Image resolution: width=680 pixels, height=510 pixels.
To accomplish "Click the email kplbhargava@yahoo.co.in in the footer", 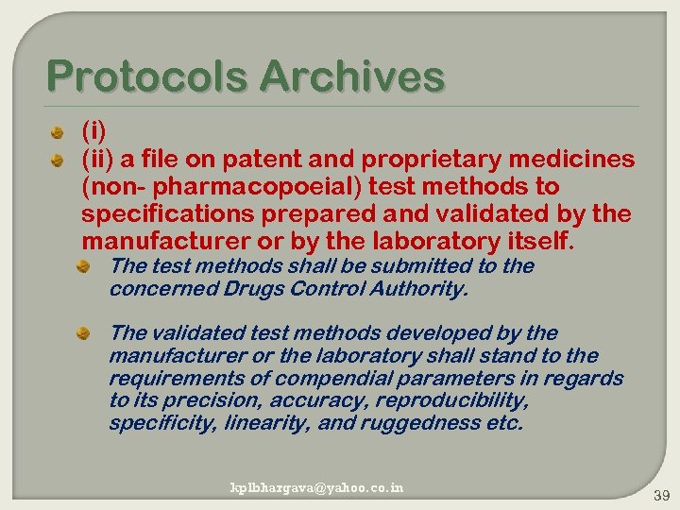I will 317,487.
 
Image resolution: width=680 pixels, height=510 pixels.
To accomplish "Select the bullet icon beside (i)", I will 58,131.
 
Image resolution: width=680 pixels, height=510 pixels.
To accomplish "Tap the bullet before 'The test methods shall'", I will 84,267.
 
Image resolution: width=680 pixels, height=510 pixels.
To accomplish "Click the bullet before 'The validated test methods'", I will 84,333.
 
